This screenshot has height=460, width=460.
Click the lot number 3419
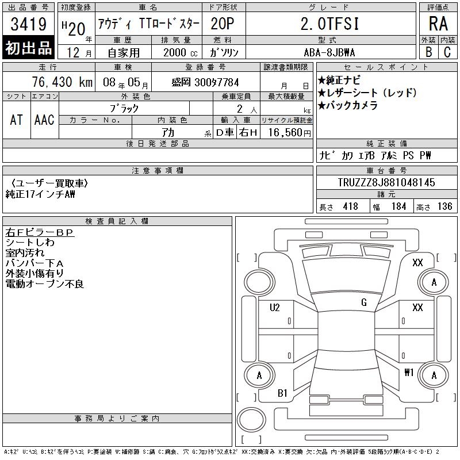pos(28,24)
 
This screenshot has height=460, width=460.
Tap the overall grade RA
pos(438,24)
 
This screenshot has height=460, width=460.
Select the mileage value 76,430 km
pos(62,82)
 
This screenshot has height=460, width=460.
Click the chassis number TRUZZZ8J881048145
pos(386,182)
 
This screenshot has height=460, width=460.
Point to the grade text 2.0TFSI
pos(329,24)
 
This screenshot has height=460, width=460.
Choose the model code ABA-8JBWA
pos(329,53)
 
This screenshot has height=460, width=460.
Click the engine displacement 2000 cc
pos(180,53)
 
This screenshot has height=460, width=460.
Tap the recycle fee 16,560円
pos(289,133)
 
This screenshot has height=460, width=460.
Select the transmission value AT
pos(16,120)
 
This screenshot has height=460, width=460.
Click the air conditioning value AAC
pos(44,120)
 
